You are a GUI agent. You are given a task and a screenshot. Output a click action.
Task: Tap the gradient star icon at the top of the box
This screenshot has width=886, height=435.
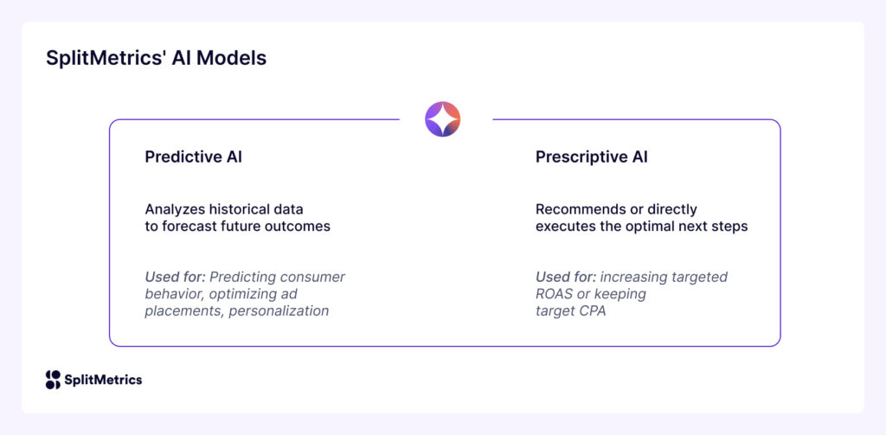point(443,119)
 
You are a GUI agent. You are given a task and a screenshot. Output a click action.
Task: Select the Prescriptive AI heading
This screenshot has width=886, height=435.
point(592,157)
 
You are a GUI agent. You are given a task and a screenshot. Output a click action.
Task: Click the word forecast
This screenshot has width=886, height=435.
point(191,227)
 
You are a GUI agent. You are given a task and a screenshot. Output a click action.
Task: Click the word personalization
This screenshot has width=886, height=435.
point(279,310)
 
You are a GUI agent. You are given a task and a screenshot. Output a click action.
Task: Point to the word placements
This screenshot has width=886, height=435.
point(181,310)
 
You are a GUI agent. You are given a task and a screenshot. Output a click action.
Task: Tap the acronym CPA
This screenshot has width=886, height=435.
point(593,310)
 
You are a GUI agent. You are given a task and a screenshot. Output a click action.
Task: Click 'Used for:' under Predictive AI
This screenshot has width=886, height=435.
point(175,277)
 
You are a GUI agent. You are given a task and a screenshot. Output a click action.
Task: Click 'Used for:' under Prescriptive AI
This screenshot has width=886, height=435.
point(565,277)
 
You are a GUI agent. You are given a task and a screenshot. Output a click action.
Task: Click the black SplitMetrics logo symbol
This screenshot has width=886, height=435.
point(53,380)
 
